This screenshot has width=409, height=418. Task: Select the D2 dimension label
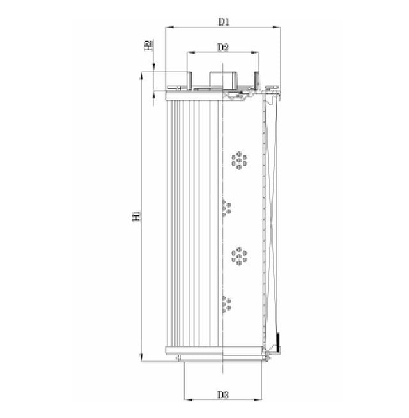pos(223,47)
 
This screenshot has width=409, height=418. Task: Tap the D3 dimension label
pos(222,394)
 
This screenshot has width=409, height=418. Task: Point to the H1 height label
pos(135,217)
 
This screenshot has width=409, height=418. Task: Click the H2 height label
pos(148,45)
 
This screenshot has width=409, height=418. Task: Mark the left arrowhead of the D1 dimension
pos(167,27)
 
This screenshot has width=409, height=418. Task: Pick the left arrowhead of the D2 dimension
pos(189,53)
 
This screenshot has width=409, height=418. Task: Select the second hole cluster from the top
pos(226,208)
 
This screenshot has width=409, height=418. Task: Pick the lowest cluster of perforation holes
pos(226,304)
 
